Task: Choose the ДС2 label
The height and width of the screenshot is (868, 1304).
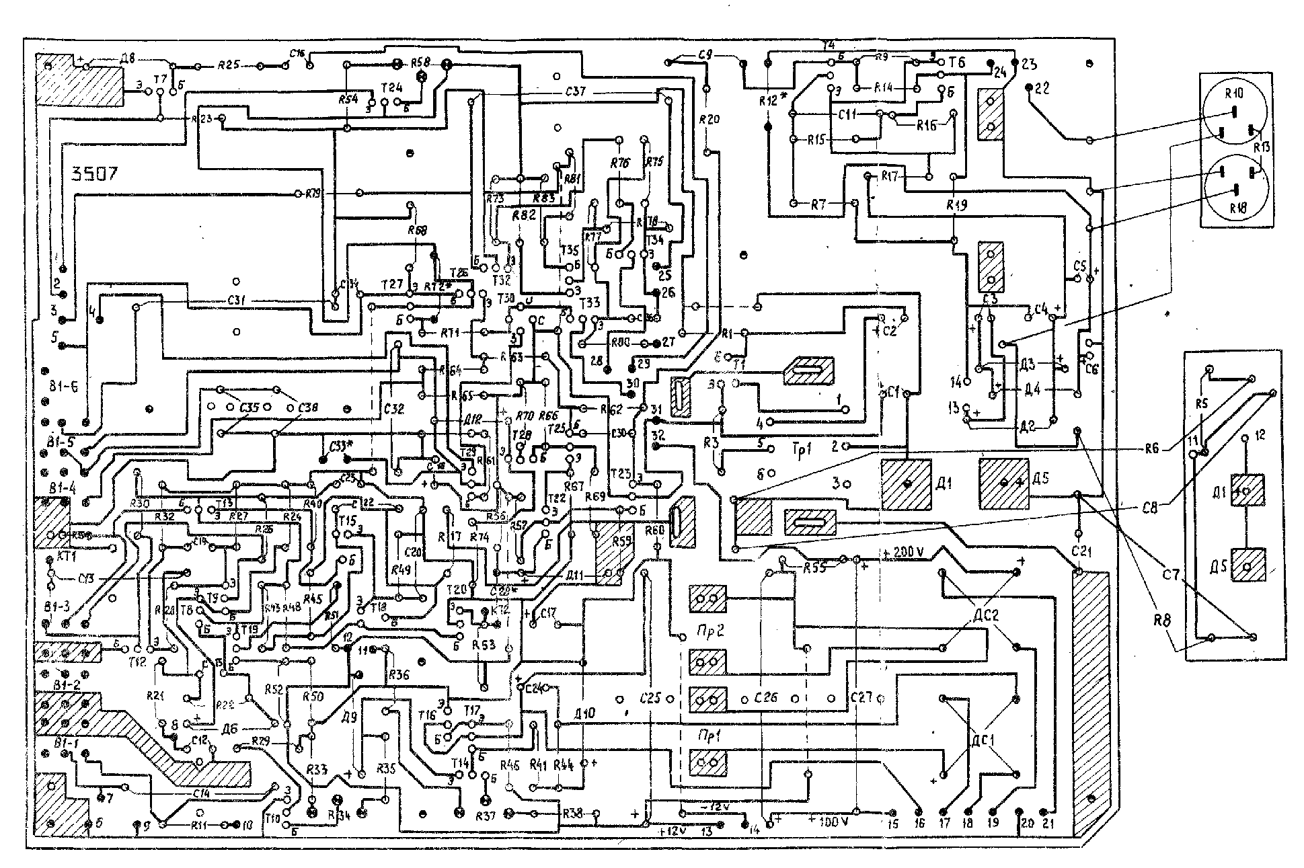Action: (x=985, y=615)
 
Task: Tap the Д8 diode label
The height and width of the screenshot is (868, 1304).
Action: (x=128, y=58)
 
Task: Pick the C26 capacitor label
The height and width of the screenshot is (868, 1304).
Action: (x=766, y=697)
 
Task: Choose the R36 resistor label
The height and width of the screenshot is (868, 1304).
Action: (x=398, y=675)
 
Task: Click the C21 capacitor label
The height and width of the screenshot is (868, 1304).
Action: (x=1081, y=553)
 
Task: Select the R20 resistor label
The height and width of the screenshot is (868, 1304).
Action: (x=709, y=120)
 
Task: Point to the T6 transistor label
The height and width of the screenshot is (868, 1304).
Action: (x=958, y=63)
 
